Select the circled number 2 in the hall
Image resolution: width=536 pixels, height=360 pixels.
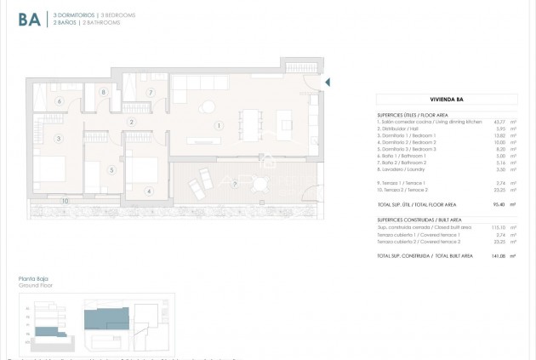coord(132,123)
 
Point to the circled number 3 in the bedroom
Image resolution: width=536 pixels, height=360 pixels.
coord(59,138)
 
